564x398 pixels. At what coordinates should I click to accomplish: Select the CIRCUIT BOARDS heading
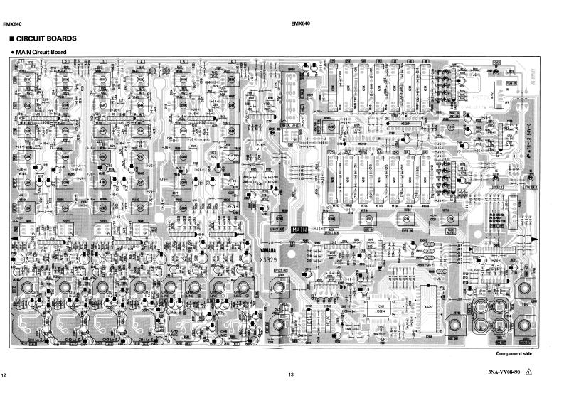[47, 38]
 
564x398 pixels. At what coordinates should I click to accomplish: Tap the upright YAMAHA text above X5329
[263, 249]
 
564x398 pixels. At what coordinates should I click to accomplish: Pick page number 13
[290, 375]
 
